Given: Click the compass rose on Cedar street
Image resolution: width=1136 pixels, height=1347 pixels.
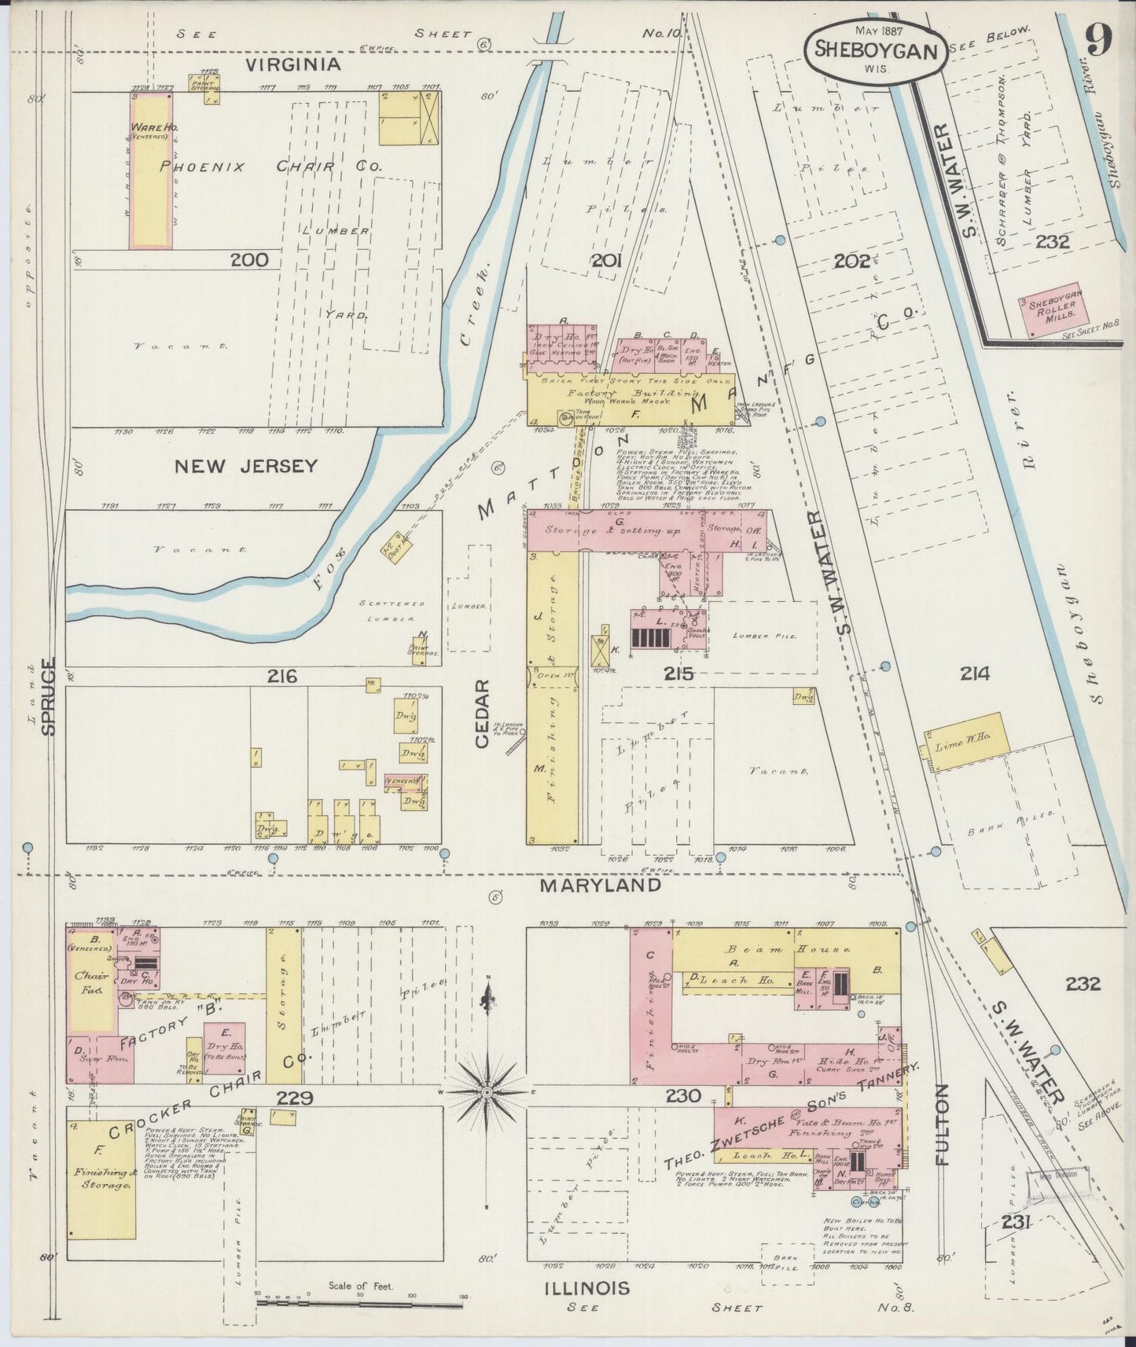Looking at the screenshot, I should click(x=488, y=1092).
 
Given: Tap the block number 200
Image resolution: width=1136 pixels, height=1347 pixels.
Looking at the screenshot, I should click(x=249, y=260).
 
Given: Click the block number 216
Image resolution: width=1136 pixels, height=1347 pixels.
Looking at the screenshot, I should click(x=281, y=676).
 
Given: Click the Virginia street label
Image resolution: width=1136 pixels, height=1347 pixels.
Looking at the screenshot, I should click(x=293, y=64).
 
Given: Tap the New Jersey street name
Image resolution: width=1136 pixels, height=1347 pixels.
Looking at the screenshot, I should click(x=246, y=466).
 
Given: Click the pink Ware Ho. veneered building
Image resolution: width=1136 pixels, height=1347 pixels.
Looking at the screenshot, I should click(x=150, y=169).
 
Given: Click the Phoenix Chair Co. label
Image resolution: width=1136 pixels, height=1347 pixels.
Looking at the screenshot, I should click(x=271, y=167).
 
